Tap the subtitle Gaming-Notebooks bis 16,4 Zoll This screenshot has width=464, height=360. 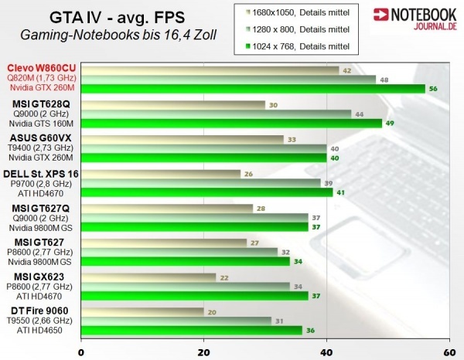[x=118, y=34]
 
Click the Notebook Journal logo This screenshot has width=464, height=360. [x=415, y=19]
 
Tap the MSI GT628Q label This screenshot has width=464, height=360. [x=44, y=103]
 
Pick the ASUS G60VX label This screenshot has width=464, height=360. [x=46, y=138]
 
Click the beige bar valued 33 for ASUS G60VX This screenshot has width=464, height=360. [x=183, y=139]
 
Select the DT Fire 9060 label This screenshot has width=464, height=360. [x=44, y=311]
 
